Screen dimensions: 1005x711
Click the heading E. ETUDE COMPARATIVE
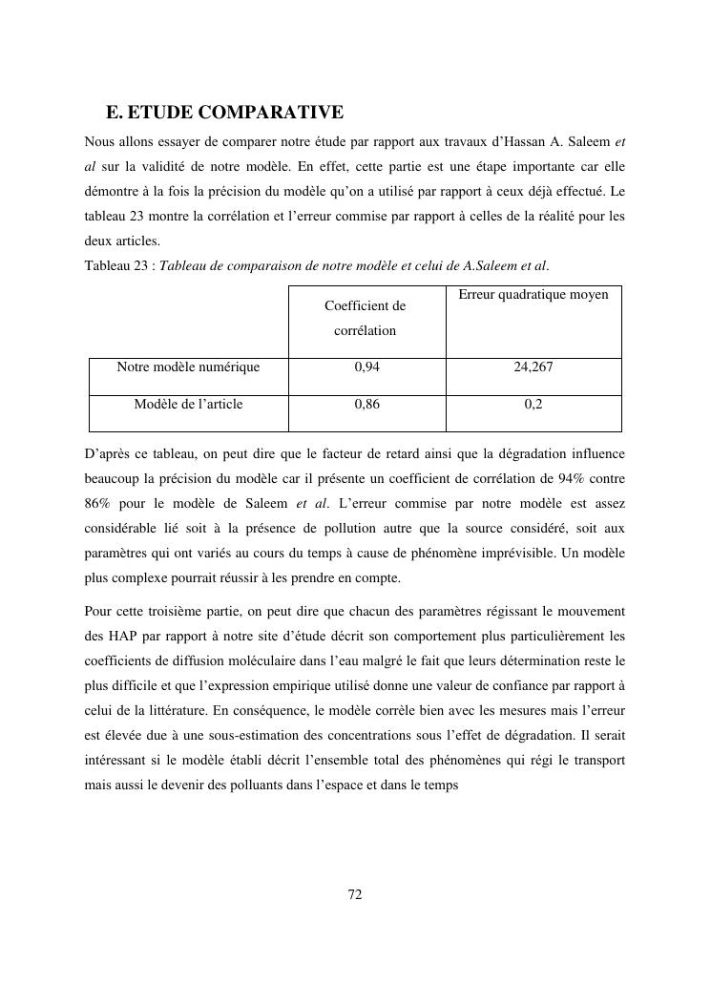click(x=224, y=114)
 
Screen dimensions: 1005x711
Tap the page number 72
click(x=355, y=894)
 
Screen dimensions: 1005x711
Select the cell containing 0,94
click(x=366, y=366)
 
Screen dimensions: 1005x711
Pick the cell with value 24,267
click(x=533, y=366)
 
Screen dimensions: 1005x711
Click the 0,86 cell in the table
click(x=366, y=404)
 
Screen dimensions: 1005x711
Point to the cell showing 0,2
click(x=533, y=404)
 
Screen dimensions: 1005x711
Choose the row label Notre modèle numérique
click(x=188, y=366)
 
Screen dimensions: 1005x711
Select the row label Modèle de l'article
click(x=188, y=404)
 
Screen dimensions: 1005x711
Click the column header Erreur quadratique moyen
click(x=533, y=295)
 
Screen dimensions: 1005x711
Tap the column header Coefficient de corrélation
click(x=366, y=318)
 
